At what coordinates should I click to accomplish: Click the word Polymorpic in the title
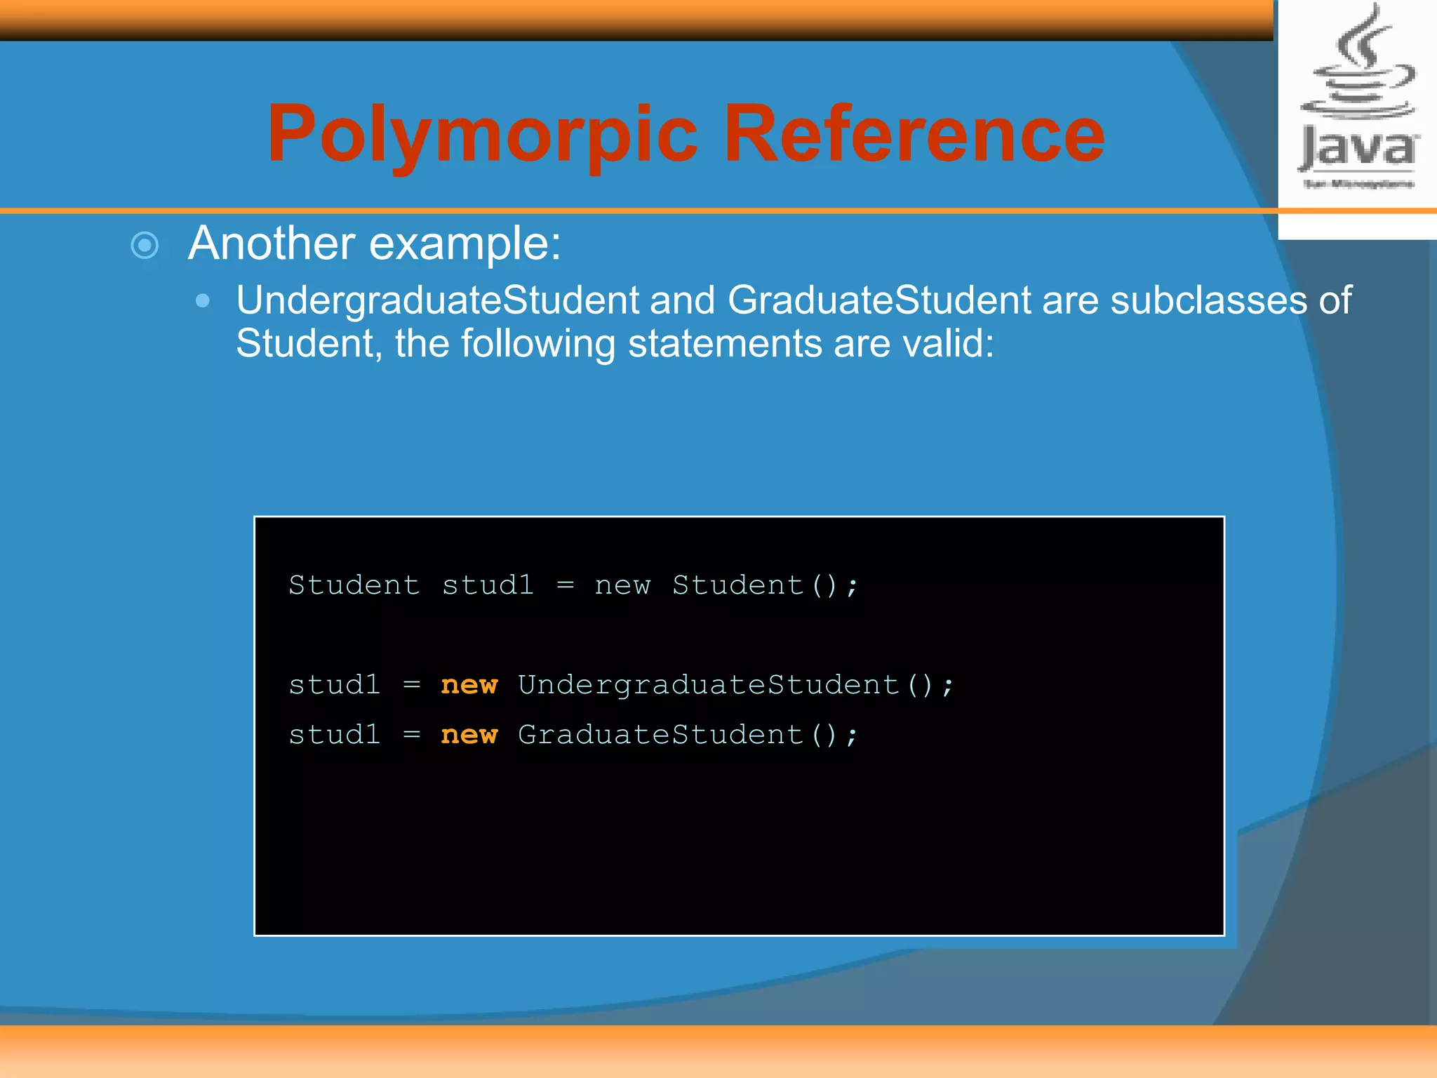click(x=483, y=135)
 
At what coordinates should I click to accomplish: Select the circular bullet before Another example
click(x=145, y=246)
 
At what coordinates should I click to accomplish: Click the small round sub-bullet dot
click(x=203, y=301)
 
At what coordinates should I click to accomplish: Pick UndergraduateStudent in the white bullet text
click(x=437, y=300)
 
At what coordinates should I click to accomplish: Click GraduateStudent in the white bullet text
click(x=879, y=300)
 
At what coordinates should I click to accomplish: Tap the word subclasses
click(x=1208, y=300)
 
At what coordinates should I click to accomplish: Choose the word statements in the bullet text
click(x=724, y=343)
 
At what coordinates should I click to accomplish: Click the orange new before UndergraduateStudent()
click(x=469, y=685)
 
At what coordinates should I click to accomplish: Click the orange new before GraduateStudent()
click(x=469, y=735)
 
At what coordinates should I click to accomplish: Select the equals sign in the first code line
click(x=566, y=585)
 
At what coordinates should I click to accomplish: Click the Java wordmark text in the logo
click(x=1358, y=149)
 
